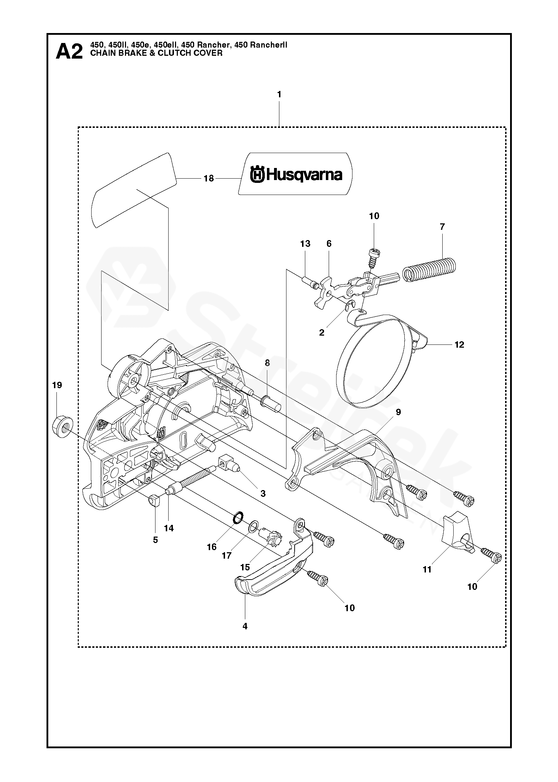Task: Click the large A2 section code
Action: point(70,52)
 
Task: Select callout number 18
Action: point(209,179)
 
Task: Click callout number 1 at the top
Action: point(279,94)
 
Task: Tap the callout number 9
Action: point(398,412)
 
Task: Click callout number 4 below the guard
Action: point(245,626)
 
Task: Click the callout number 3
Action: point(263,494)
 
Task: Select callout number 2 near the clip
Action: point(322,333)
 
